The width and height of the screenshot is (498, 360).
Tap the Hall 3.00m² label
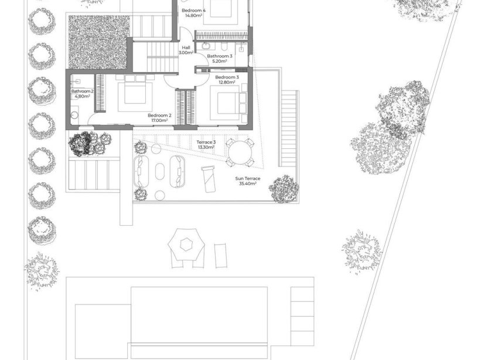[x=186, y=50]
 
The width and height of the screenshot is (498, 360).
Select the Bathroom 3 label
[x=220, y=56]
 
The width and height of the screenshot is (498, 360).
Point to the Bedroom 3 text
[x=227, y=77]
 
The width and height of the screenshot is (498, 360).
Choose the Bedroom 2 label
[x=159, y=116]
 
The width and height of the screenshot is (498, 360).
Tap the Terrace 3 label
[x=206, y=142]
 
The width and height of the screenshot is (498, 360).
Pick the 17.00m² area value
[x=159, y=121]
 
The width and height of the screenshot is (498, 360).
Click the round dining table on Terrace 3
[x=240, y=154]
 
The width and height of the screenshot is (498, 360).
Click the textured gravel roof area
[x=99, y=43]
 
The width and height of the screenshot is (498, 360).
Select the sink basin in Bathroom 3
[x=207, y=46]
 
